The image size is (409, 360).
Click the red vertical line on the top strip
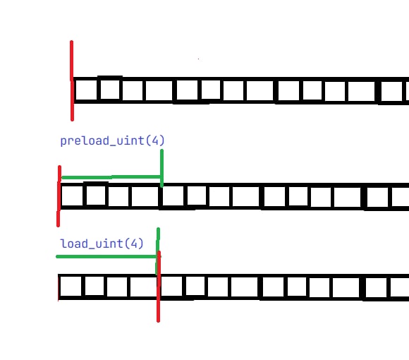click(72, 80)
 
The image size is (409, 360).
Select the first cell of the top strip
click(86, 90)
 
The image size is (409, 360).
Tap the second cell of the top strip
click(110, 90)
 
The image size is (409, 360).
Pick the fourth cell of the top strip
click(159, 90)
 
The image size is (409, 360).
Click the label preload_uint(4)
click(112, 140)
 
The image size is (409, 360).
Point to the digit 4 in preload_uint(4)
click(155, 140)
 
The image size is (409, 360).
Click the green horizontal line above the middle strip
click(111, 177)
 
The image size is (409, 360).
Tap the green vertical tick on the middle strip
click(161, 168)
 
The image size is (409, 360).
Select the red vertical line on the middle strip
click(59, 196)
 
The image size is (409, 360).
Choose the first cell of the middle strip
click(72, 196)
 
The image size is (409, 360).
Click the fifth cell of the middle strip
click(173, 196)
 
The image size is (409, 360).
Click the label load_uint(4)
click(102, 244)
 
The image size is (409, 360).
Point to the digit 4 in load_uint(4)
click(134, 244)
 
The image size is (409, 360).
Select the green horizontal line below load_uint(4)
click(106, 257)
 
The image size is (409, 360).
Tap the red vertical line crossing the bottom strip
click(159, 287)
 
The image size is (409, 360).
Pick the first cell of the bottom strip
click(71, 287)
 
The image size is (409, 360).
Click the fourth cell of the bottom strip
click(143, 287)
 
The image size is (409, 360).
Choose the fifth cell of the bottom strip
click(171, 287)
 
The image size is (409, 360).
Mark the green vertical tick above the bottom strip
click(158, 251)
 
